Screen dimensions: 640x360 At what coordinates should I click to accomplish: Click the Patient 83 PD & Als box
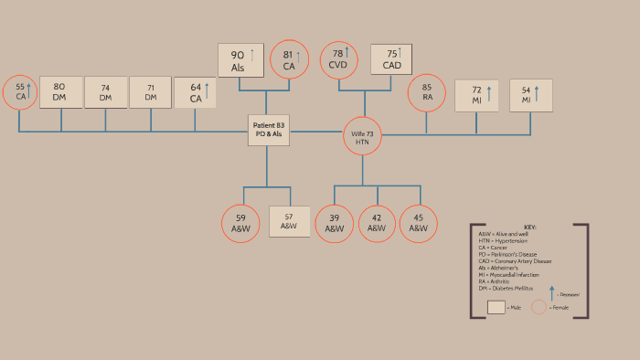pos(268,130)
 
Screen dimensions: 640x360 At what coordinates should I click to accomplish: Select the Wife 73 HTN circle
pos(363,136)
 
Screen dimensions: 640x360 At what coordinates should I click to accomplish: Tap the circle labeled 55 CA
pos(20,92)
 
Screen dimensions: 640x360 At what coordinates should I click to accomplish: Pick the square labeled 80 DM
pos(60,92)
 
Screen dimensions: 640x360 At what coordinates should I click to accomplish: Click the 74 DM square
pos(105,92)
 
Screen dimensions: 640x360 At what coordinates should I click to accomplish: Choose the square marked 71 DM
pos(150,92)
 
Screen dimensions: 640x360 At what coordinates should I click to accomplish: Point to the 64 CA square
pos(195,92)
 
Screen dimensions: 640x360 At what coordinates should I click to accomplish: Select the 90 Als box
pos(241,60)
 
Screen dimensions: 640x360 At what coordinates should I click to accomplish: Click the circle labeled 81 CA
pos(289,59)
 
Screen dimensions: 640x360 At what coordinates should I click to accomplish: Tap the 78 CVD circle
pos(339,59)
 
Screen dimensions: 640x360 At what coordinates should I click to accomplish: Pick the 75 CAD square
pos(390,59)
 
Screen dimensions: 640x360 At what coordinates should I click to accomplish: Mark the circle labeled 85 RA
pos(427,92)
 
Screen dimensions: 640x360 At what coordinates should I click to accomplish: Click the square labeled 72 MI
pos(476,95)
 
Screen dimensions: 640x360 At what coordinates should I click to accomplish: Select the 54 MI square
pos(531,95)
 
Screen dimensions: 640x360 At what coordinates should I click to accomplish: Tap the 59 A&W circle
pos(240,223)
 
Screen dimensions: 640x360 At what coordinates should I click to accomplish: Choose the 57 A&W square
pos(289,221)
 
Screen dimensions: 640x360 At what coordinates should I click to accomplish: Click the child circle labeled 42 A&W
pos(377,223)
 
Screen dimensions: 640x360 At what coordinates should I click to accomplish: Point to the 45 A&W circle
pos(418,223)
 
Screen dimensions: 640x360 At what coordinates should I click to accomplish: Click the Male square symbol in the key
pos(496,307)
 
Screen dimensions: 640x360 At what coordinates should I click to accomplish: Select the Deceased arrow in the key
pos(551,293)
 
